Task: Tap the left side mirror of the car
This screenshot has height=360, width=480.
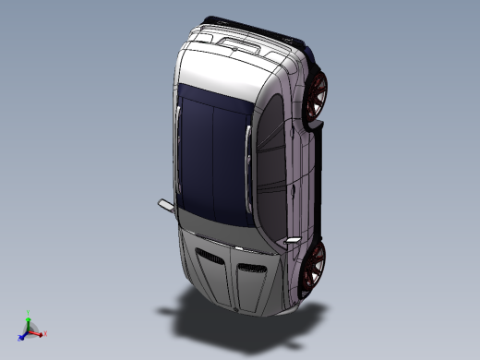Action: coord(163,203)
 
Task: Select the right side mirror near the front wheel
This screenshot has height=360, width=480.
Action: coord(292,240)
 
